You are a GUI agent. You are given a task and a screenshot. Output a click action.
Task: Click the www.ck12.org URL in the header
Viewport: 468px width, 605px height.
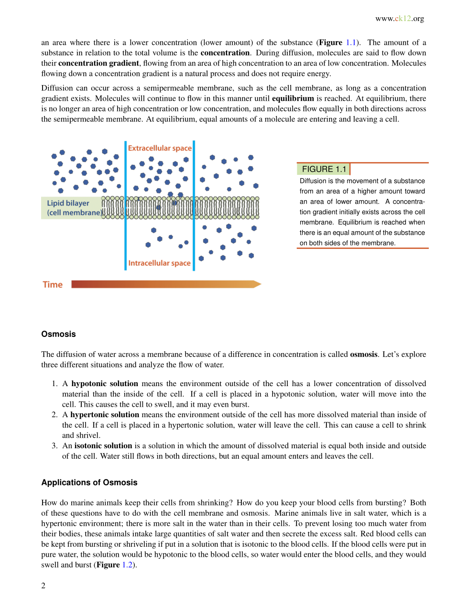click(x=399, y=19)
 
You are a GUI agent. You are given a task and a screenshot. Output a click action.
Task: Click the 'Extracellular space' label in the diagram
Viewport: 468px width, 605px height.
click(x=160, y=148)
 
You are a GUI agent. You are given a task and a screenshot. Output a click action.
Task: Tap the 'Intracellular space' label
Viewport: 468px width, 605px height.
click(x=159, y=263)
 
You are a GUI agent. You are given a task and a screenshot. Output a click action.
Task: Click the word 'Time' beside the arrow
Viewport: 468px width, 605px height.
click(x=53, y=285)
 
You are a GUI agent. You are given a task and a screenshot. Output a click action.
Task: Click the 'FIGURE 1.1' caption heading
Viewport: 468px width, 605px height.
click(x=324, y=169)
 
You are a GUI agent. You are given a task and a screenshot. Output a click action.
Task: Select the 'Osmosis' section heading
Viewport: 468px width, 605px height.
click(x=58, y=334)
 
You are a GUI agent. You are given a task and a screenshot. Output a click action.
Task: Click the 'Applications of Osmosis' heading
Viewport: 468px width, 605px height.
click(x=89, y=483)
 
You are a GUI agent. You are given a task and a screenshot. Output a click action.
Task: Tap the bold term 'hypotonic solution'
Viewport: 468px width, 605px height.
click(x=104, y=384)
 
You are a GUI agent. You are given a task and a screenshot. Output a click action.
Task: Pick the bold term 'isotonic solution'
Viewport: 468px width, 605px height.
click(x=103, y=446)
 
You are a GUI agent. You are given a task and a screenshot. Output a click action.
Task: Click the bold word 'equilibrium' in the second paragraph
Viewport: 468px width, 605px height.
click(x=293, y=98)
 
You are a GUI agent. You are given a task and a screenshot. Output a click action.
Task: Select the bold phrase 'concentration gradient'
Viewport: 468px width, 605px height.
click(x=98, y=63)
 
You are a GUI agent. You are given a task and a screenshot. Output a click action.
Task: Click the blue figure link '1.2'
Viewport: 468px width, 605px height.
click(x=127, y=565)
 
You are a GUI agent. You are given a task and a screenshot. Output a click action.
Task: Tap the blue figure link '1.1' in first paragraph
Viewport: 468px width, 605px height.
click(x=351, y=43)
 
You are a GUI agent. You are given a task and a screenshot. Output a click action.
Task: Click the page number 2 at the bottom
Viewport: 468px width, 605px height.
click(x=44, y=586)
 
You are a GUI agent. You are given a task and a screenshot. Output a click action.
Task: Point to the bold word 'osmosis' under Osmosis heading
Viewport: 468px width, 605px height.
click(x=363, y=355)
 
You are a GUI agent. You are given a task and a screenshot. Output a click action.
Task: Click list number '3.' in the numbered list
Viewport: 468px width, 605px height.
click(x=54, y=446)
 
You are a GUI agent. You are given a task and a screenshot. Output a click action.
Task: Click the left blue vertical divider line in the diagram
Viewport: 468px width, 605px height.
click(x=126, y=205)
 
